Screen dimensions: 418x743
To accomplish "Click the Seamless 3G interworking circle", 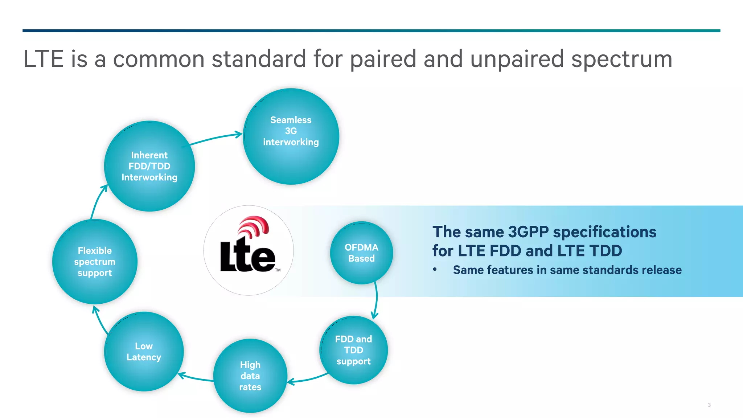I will coord(291,136).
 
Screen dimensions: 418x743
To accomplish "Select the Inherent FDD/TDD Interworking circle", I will coord(149,166).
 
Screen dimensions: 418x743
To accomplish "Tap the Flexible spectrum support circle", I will coord(95,262).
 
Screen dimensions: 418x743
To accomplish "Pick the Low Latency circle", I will coord(144,351).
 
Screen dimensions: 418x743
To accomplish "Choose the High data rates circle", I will coord(250,376).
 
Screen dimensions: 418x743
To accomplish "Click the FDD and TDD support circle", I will coord(354,350).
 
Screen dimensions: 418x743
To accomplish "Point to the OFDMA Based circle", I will coord(361,253).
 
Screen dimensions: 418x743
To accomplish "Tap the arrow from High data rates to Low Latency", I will coord(196,378).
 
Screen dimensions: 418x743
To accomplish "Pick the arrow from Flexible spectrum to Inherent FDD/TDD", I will coord(97,201).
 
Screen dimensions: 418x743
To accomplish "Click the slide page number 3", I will coord(709,405).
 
